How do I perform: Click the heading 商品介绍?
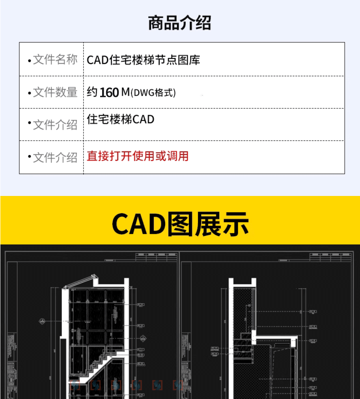pos(180,23)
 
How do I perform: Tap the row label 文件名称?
pos(55,60)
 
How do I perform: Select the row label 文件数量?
pos(55,92)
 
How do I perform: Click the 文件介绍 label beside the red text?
pos(55,157)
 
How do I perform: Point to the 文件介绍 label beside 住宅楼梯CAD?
pos(55,125)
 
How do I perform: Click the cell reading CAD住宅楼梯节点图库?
pos(144,60)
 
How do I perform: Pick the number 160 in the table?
pos(109,93)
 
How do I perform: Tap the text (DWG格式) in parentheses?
pos(153,93)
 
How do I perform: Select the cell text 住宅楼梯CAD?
pos(121,119)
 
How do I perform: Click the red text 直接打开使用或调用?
pos(138,156)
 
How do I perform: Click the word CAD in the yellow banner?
pos(139,224)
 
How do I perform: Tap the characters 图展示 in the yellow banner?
pos(208,224)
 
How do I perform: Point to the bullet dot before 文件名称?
pos(29,61)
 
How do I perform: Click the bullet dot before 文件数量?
pos(29,93)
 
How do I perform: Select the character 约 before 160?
pos(92,92)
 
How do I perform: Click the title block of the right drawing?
pos(330,257)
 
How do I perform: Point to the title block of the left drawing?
pos(156,257)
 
